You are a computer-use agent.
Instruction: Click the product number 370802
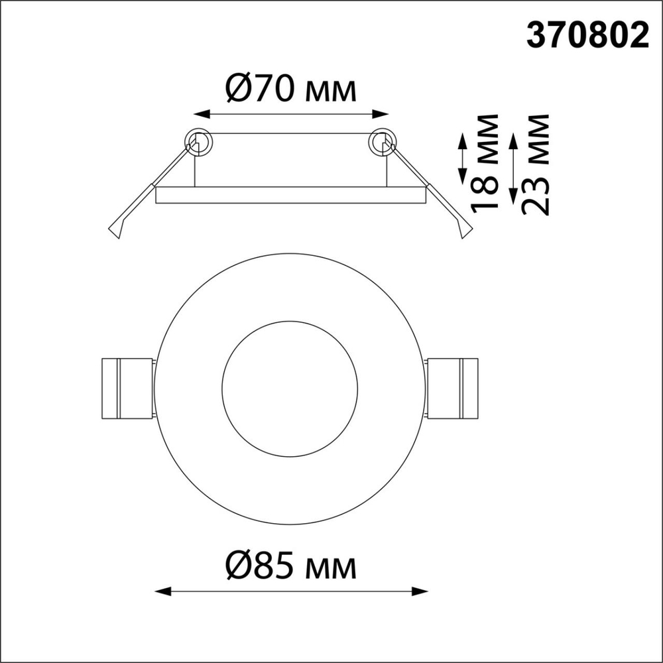tap(587, 36)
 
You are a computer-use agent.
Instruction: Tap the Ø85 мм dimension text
tap(290, 567)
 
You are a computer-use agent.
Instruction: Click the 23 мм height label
tap(535, 164)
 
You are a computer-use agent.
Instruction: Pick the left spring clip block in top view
tap(126, 389)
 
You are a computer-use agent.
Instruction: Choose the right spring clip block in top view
tap(452, 389)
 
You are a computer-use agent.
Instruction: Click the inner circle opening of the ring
tap(290, 389)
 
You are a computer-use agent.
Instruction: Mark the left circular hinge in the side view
tap(198, 141)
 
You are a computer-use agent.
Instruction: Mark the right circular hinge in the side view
tap(383, 141)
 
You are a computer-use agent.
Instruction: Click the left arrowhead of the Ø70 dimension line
tap(195, 114)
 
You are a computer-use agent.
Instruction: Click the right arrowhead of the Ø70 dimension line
tap(385, 114)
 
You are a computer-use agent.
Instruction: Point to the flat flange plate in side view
tap(290, 195)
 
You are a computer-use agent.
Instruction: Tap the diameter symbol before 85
tap(239, 567)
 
